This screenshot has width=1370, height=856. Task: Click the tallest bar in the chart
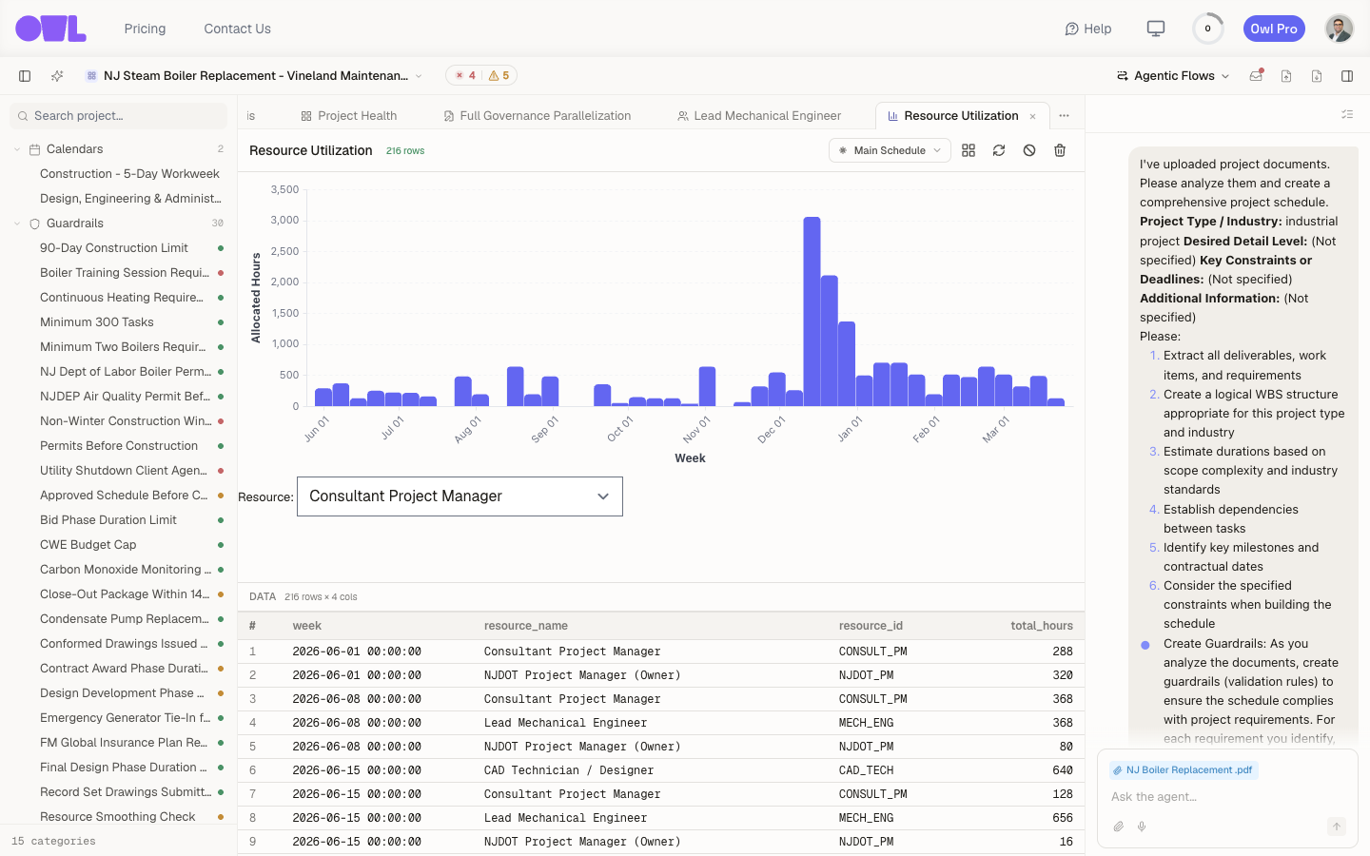[812, 311]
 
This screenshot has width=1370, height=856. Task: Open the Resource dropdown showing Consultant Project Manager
[460, 496]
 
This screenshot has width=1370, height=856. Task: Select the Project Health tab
[349, 116]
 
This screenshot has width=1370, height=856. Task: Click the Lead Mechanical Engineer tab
[759, 116]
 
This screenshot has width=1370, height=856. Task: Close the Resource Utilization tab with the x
[1033, 116]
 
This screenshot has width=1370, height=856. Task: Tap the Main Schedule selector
[890, 150]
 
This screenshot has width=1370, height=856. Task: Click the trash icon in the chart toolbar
[1060, 150]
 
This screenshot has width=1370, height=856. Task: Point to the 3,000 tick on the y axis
[284, 220]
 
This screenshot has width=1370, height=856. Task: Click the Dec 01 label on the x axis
[772, 429]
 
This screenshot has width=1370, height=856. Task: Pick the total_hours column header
[1042, 626]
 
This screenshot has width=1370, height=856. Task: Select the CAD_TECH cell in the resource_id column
[866, 769]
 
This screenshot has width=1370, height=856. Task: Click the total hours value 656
[1063, 818]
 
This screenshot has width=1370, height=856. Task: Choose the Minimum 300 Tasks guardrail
[97, 321]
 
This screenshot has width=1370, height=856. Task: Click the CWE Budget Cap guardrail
[88, 544]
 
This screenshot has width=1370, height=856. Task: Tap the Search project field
[119, 116]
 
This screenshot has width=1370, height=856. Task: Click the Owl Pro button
[1274, 29]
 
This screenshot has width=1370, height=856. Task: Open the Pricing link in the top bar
[145, 29]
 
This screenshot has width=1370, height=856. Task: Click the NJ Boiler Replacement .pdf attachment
[1184, 769]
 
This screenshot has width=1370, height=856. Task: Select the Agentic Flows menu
[1173, 76]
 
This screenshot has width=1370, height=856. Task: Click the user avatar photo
[1340, 29]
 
